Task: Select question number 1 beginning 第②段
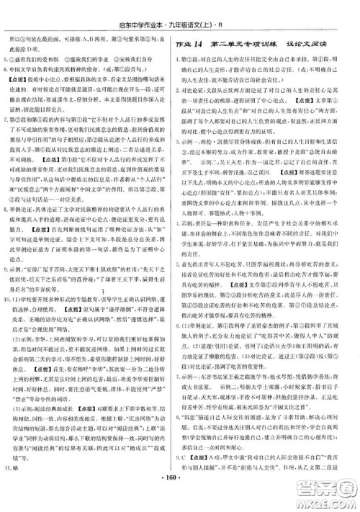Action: [x=186, y=60]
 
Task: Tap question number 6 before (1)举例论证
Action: [x=186, y=387]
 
